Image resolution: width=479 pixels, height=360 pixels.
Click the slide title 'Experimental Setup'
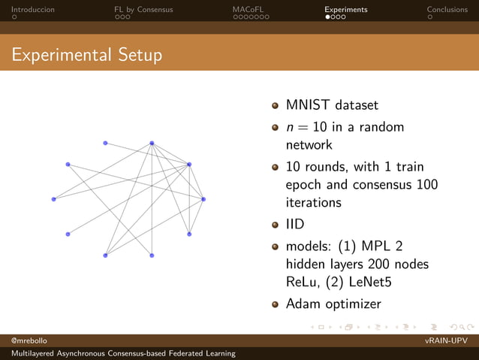[86, 56]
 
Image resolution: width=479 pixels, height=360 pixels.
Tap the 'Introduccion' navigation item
[33, 10]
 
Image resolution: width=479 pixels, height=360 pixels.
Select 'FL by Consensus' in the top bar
[143, 10]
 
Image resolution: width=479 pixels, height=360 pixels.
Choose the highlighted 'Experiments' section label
[346, 10]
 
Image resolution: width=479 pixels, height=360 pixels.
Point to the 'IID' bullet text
[296, 223]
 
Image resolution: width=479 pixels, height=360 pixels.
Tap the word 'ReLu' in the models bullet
[303, 282]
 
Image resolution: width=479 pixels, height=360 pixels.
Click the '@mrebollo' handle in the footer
[27, 341]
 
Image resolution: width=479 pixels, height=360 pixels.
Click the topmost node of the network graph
[152, 143]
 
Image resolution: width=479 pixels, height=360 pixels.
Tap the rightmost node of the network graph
[203, 199]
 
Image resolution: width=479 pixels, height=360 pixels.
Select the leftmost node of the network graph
[53, 199]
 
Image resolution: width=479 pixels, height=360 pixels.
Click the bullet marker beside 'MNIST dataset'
[276, 106]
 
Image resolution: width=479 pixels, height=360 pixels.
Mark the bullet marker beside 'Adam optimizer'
[276, 304]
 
